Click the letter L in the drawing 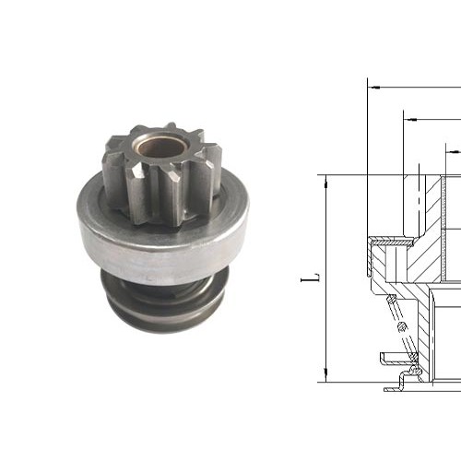[314, 276]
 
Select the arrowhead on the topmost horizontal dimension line [373, 88]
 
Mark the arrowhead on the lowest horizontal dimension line [449, 147]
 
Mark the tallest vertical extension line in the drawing [368, 184]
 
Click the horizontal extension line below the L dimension [350, 381]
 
